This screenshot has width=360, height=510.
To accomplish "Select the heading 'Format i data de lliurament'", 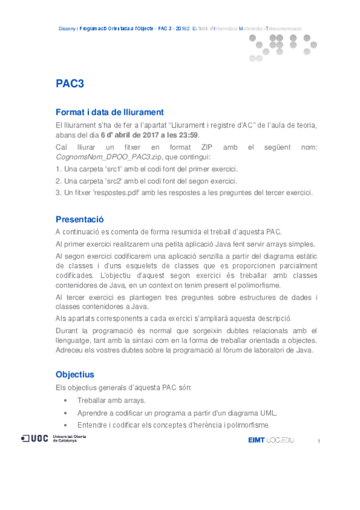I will pos(109,112).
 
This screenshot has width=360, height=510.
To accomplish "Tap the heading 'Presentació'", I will pos(80,219).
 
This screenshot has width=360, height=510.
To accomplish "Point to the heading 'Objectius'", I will pos(75,374).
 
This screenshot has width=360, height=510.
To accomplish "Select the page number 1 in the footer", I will pos(319,442).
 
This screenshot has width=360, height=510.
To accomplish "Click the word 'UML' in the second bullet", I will pos(268,413).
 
